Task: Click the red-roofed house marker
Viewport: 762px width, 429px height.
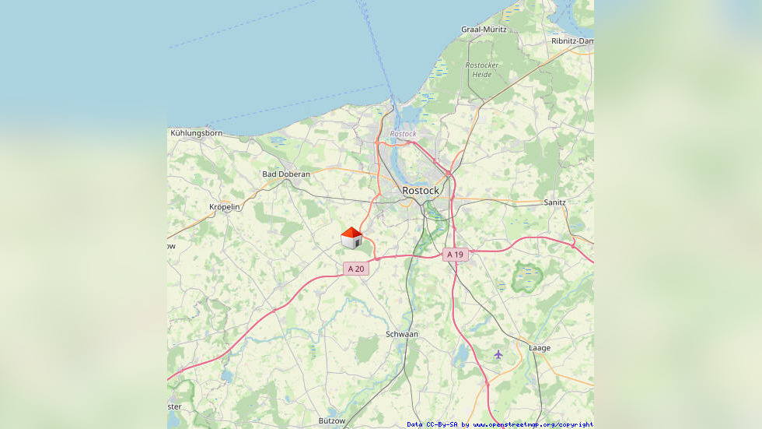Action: click(351, 238)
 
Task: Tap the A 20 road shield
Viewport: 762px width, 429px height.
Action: click(355, 269)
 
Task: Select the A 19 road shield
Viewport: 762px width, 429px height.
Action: click(455, 255)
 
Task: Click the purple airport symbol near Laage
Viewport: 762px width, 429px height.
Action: click(498, 354)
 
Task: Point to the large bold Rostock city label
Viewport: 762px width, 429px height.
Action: click(421, 190)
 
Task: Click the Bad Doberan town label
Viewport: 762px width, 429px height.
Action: click(286, 174)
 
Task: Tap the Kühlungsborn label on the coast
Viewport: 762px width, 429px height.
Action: click(196, 133)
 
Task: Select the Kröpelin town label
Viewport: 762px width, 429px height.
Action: click(225, 207)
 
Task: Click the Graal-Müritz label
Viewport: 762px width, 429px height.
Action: click(484, 30)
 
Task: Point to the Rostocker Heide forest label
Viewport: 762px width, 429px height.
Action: click(482, 69)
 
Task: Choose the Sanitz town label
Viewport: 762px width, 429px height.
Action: click(555, 202)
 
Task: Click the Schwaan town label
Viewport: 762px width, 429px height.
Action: click(402, 334)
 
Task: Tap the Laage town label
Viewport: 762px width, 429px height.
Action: click(540, 348)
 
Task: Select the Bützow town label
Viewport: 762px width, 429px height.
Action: click(332, 420)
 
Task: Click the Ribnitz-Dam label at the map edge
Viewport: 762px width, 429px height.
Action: click(572, 40)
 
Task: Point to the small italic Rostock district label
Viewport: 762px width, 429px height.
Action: click(404, 134)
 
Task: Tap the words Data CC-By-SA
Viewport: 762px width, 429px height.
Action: click(432, 424)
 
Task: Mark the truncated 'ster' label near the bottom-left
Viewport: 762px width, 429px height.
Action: click(174, 406)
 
